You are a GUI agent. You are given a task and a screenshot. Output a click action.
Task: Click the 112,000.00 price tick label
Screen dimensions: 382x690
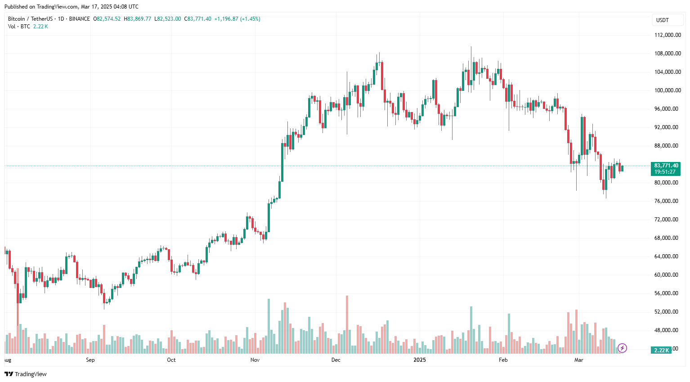click(x=667, y=35)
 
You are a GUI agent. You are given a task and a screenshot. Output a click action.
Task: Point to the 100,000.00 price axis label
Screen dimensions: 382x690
click(x=667, y=90)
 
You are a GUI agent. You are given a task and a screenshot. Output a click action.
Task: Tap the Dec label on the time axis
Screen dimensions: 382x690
click(x=336, y=360)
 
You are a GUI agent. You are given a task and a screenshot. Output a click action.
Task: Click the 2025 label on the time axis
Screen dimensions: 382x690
click(x=419, y=360)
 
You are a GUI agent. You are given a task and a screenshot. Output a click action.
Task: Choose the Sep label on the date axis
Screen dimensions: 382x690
click(x=90, y=360)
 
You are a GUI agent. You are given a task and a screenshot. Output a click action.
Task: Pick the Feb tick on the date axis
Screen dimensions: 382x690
click(x=503, y=360)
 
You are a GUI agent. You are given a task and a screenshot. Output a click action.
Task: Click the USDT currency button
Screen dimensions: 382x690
click(x=663, y=20)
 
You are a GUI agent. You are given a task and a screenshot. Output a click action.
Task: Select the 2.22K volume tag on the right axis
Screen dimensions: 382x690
click(x=661, y=350)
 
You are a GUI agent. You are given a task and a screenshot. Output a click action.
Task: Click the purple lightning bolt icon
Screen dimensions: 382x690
click(x=622, y=348)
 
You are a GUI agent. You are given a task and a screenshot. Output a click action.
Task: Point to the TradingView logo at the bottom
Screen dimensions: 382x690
click(x=26, y=374)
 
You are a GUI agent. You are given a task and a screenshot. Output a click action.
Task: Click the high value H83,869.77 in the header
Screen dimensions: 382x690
click(x=138, y=19)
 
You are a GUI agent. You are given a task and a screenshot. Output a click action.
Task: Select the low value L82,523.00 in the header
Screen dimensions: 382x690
click(x=168, y=19)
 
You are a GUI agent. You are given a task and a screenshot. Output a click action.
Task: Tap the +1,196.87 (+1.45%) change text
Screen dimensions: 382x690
click(x=237, y=19)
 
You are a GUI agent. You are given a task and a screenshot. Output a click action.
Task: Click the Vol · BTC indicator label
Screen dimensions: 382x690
click(x=19, y=27)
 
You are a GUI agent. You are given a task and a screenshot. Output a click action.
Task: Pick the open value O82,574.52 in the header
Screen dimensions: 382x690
click(x=107, y=19)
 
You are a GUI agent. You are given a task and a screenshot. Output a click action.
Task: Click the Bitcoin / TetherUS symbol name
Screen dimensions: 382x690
click(x=30, y=19)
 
